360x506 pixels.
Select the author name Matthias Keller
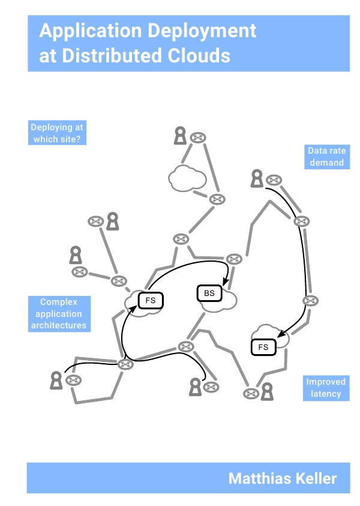point(282,478)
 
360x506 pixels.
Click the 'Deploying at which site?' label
point(57,133)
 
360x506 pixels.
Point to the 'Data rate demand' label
point(326,157)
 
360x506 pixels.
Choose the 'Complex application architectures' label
point(58,314)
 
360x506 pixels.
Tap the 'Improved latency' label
point(326,388)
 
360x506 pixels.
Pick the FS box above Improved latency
point(263,346)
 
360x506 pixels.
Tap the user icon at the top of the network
point(179,136)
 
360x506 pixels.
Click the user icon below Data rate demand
point(257,178)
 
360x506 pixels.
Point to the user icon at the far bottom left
point(56,379)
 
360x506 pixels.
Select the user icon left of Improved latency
point(266,391)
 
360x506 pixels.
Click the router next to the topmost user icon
point(196,138)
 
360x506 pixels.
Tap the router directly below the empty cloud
point(216,199)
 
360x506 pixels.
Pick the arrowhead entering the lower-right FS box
point(279,334)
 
